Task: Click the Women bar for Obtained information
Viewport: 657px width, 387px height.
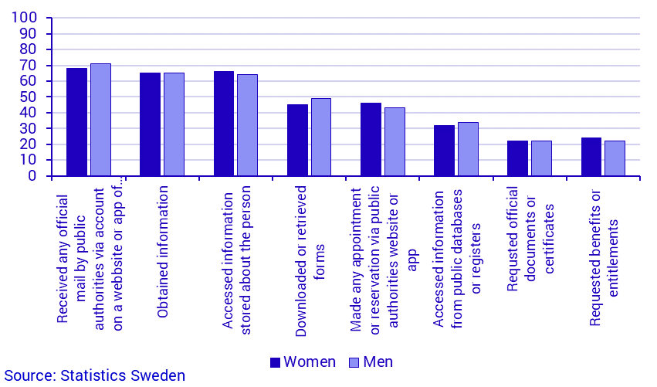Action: click(150, 124)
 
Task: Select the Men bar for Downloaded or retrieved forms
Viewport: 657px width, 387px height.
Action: click(321, 137)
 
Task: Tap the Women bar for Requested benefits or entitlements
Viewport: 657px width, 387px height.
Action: click(591, 157)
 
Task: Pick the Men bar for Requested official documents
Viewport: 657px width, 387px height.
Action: click(541, 158)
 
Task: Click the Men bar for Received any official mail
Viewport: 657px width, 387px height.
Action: click(100, 120)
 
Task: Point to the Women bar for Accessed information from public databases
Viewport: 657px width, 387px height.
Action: click(444, 151)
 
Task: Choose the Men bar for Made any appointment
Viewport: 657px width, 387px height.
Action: click(395, 141)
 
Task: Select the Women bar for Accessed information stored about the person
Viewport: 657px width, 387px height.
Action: click(224, 124)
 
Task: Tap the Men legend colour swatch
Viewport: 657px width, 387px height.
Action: click(354, 362)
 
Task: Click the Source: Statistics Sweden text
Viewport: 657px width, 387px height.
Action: click(93, 376)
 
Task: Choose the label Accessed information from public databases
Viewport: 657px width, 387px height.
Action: click(457, 240)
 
